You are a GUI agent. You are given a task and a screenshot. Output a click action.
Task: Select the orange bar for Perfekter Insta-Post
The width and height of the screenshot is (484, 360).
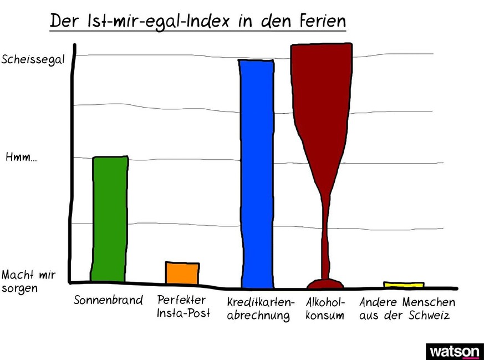(x=182, y=273)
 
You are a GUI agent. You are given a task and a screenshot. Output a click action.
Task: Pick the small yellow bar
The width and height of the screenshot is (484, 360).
(x=404, y=285)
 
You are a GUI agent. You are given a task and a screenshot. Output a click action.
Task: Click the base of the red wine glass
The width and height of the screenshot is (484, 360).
(x=325, y=285)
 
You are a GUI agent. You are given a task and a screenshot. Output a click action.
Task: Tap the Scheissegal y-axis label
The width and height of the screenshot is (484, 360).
(x=33, y=59)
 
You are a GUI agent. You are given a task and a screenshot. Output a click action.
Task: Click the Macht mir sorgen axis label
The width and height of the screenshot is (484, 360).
(x=26, y=281)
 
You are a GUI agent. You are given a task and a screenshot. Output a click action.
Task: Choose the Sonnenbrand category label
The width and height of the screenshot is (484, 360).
(x=108, y=301)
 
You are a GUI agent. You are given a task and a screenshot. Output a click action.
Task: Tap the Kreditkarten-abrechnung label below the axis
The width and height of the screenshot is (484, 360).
(x=260, y=310)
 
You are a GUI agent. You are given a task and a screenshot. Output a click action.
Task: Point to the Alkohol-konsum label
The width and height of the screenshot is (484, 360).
(x=325, y=309)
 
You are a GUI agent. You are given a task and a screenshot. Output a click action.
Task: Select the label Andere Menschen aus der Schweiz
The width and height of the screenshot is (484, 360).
(x=407, y=309)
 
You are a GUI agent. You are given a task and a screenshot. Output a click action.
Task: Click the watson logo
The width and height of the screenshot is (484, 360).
(x=454, y=352)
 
